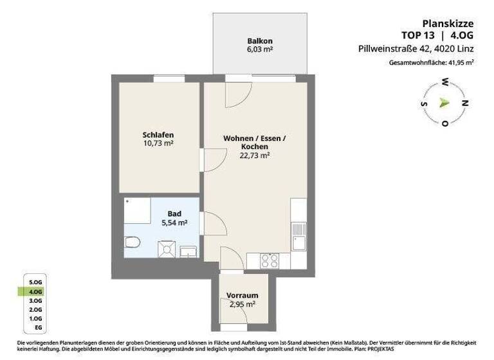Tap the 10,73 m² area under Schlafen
coord(158,143)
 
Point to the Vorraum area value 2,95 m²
coord(242,305)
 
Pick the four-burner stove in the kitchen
coord(268,260)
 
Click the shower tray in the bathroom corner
coord(136,210)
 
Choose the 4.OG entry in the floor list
coord(35,291)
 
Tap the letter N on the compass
coord(466,103)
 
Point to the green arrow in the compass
coord(444,102)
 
